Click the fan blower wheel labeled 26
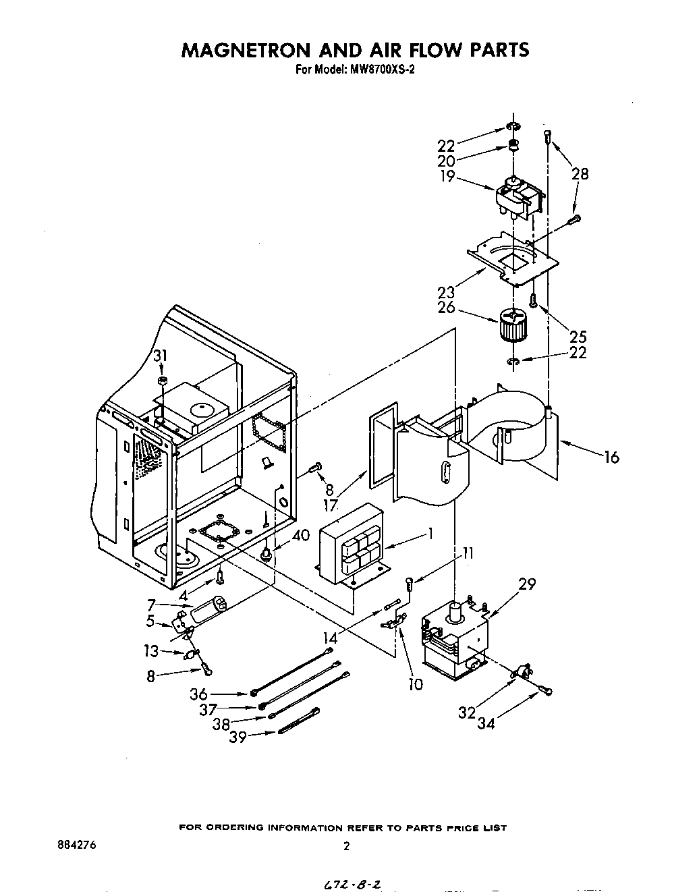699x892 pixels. pos(513,326)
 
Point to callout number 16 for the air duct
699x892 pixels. pos(611,457)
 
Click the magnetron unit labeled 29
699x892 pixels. pos(455,638)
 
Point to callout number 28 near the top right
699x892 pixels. pos(580,173)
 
